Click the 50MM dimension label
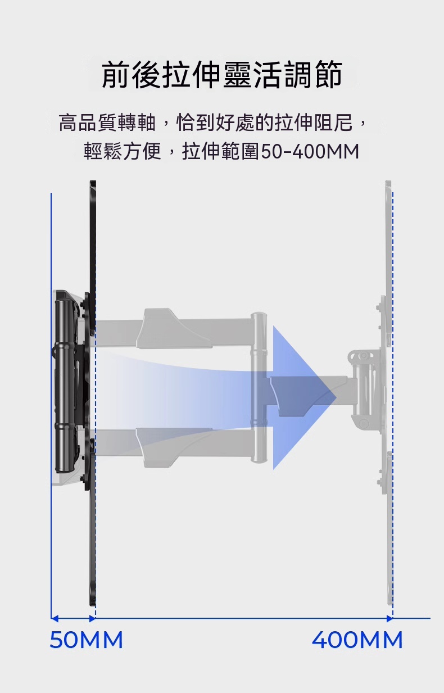[x=87, y=640]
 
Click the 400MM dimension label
[x=357, y=640]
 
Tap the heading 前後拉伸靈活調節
[x=222, y=75]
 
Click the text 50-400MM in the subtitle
[x=310, y=152]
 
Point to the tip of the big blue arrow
[x=336, y=397]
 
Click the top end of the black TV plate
[x=93, y=182]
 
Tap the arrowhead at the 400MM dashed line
[x=390, y=619]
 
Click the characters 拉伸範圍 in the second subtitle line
[x=221, y=152]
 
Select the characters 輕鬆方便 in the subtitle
[x=123, y=152]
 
